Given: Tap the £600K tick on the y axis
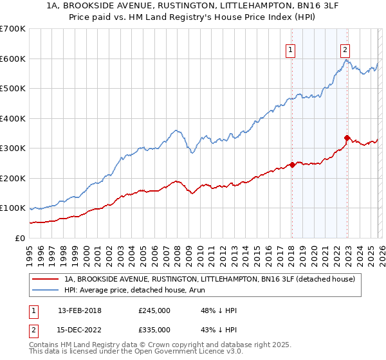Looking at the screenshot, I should tap(13, 59).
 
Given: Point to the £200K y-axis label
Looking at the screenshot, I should tap(13, 178).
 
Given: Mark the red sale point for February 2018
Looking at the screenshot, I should tap(292, 165).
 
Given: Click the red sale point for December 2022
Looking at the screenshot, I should tap(347, 138).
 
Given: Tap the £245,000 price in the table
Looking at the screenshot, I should tap(154, 310).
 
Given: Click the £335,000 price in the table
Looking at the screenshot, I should tap(154, 330).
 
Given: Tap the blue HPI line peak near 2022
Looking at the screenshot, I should tap(346, 60).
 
